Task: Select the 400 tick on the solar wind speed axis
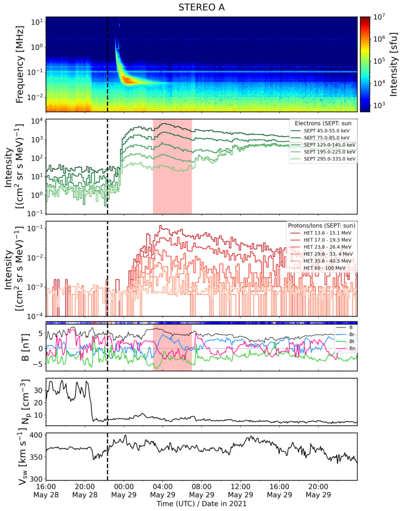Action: pos(36,435)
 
